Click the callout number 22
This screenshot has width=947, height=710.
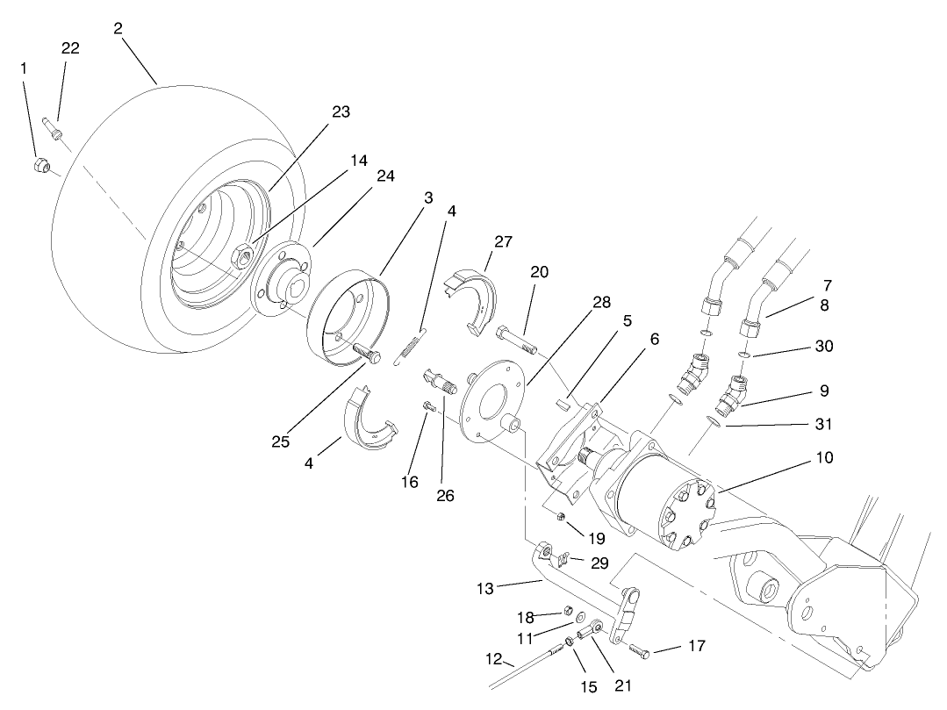click(x=70, y=48)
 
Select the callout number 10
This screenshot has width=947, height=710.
click(x=823, y=457)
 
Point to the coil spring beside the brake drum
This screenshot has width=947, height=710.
click(x=411, y=344)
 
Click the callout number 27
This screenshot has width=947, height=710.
click(x=503, y=241)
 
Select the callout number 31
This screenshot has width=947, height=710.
click(x=823, y=424)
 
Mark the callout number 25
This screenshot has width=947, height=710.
click(x=280, y=441)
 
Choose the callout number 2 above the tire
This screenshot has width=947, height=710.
click(x=118, y=27)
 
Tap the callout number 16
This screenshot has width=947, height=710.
click(x=410, y=482)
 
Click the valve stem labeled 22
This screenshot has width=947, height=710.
click(x=50, y=126)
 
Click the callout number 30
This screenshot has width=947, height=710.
click(x=823, y=347)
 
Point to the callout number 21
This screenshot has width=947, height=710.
click(x=624, y=685)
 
